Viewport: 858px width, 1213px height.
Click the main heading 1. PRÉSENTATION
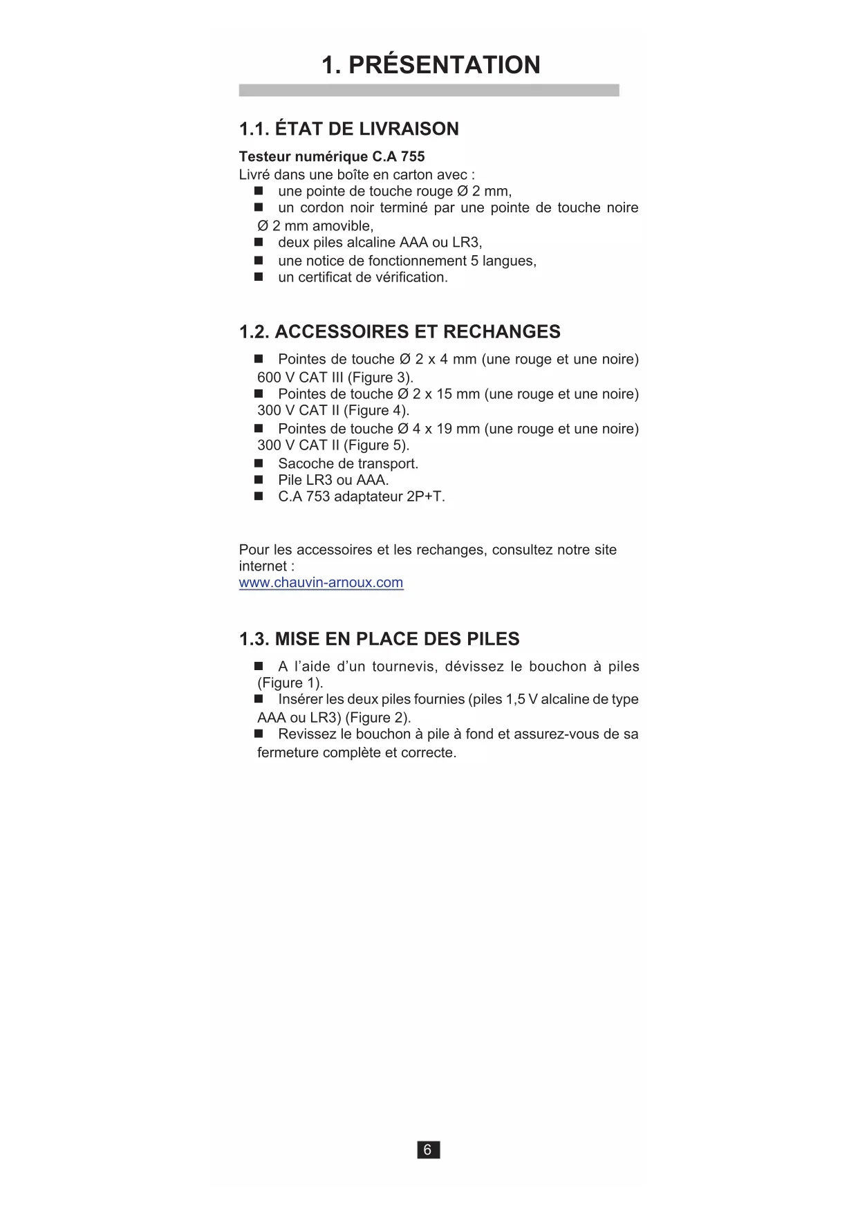(431, 65)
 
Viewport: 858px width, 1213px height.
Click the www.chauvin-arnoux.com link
(321, 582)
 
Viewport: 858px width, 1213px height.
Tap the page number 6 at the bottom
(428, 1149)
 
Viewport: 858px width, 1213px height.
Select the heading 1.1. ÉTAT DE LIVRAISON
(348, 129)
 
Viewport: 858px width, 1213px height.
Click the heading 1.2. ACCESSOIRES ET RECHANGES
(400, 332)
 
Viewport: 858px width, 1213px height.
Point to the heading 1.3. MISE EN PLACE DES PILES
(379, 639)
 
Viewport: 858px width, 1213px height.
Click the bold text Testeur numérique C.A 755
(332, 157)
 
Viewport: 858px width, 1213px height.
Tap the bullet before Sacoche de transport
(259, 463)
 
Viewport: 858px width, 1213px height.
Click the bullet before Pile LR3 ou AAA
(259, 479)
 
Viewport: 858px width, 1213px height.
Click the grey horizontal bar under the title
(429, 91)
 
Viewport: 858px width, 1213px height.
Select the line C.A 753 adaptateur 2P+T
(362, 497)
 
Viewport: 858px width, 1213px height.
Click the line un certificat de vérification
(363, 277)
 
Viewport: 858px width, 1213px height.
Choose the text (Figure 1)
(290, 683)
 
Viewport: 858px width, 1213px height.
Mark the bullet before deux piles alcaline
(259, 242)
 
